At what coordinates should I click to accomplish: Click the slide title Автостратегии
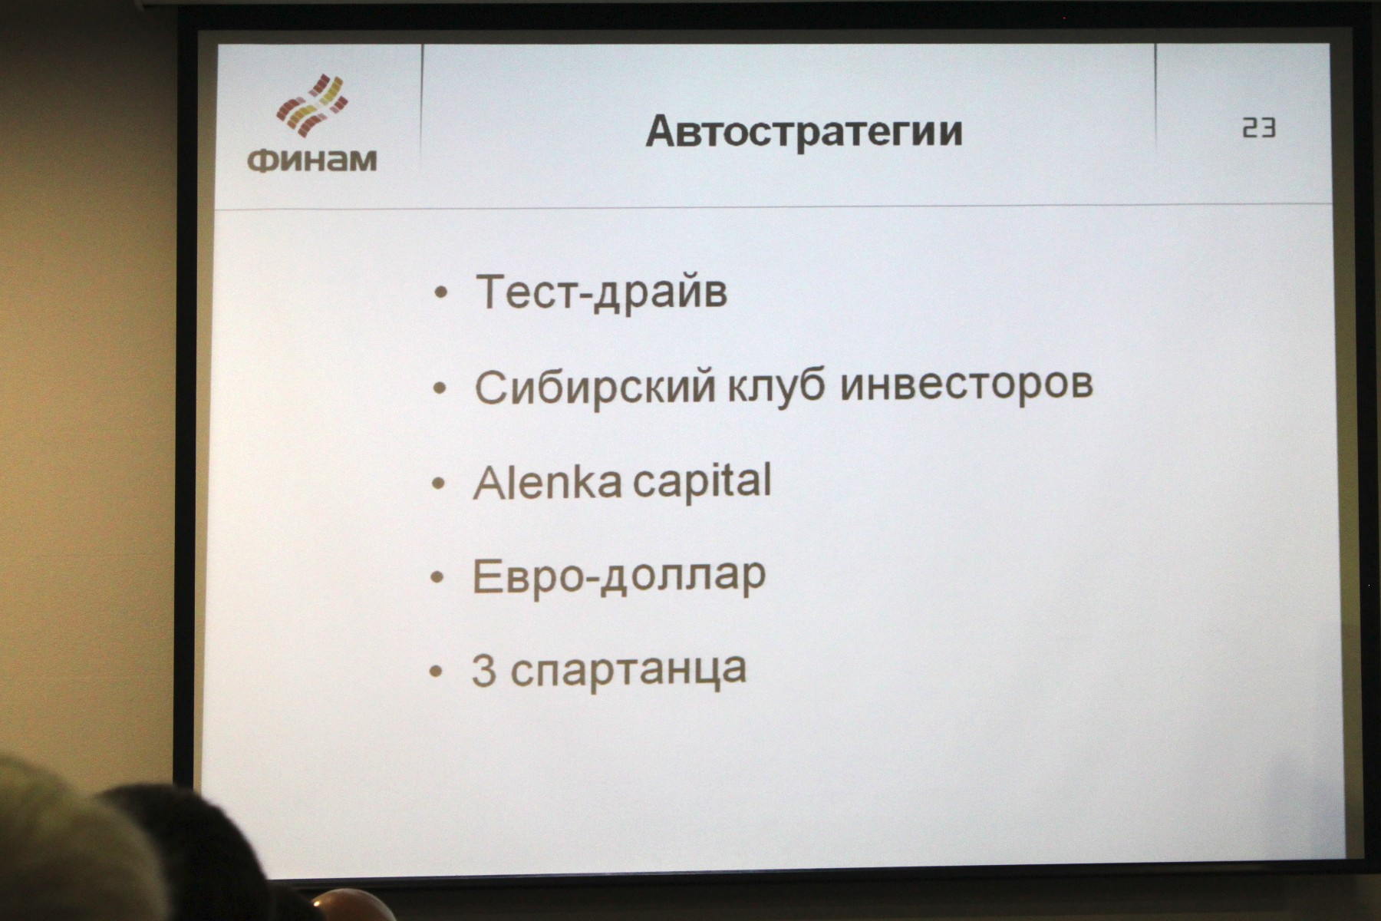(x=804, y=131)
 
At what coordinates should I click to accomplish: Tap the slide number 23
(x=1259, y=127)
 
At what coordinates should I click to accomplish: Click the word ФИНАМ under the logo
(x=312, y=160)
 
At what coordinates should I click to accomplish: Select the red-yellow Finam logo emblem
(x=312, y=105)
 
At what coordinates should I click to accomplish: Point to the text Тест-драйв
(x=602, y=292)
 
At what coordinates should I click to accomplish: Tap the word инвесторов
(x=967, y=383)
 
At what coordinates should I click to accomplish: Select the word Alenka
(x=548, y=482)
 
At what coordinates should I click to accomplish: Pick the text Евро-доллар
(x=618, y=576)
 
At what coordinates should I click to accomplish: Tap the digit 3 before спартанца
(x=483, y=670)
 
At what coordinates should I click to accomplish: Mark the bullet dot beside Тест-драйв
(x=440, y=293)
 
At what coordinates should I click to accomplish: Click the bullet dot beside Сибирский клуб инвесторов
(x=440, y=389)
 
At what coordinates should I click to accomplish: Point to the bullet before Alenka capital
(x=439, y=484)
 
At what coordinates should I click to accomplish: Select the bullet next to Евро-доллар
(x=437, y=578)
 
